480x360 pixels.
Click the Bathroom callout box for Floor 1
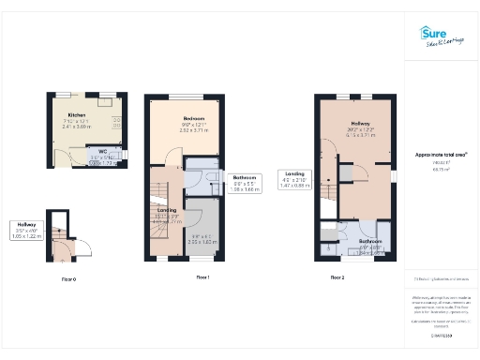point(246,184)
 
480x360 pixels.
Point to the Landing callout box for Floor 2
point(293,180)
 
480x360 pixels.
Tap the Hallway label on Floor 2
point(361,124)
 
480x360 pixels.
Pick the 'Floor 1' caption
point(203,277)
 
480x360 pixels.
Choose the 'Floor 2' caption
point(338,277)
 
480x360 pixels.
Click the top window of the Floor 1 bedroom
point(185,96)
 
